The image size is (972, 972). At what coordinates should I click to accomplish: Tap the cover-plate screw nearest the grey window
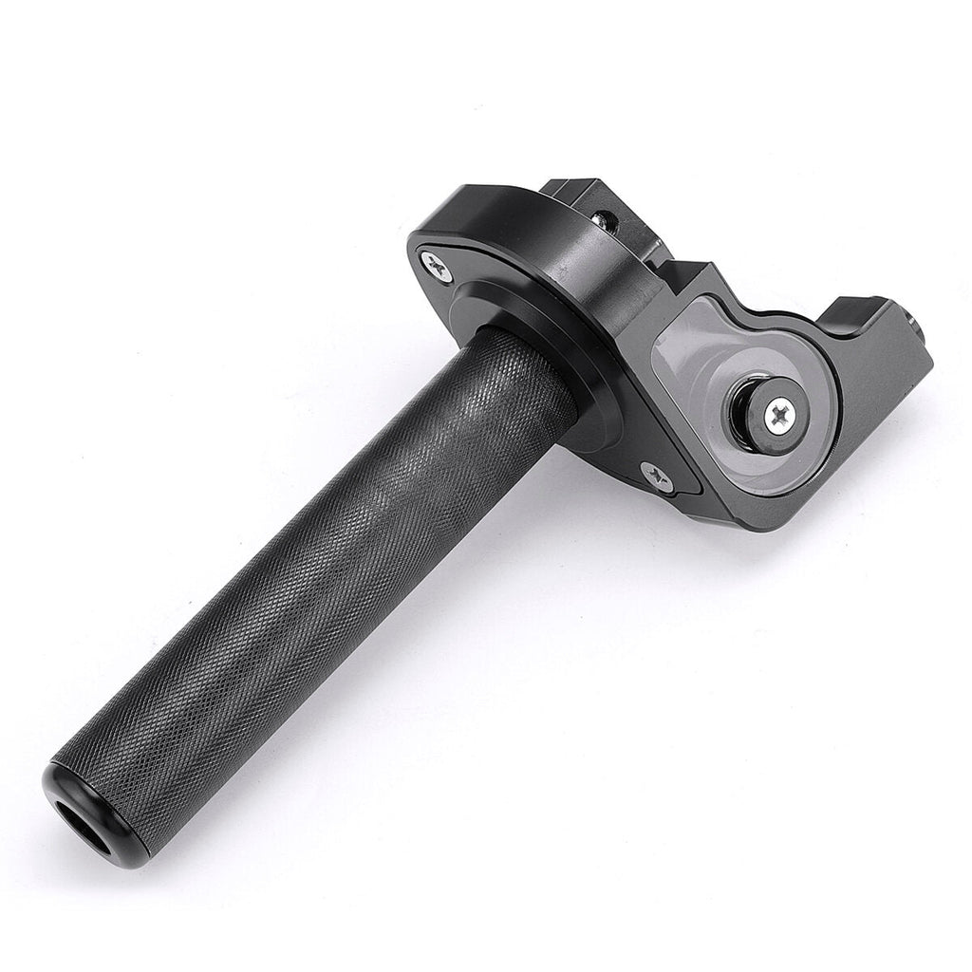click(656, 476)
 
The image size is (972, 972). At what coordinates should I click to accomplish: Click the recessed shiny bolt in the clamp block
click(602, 220)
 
